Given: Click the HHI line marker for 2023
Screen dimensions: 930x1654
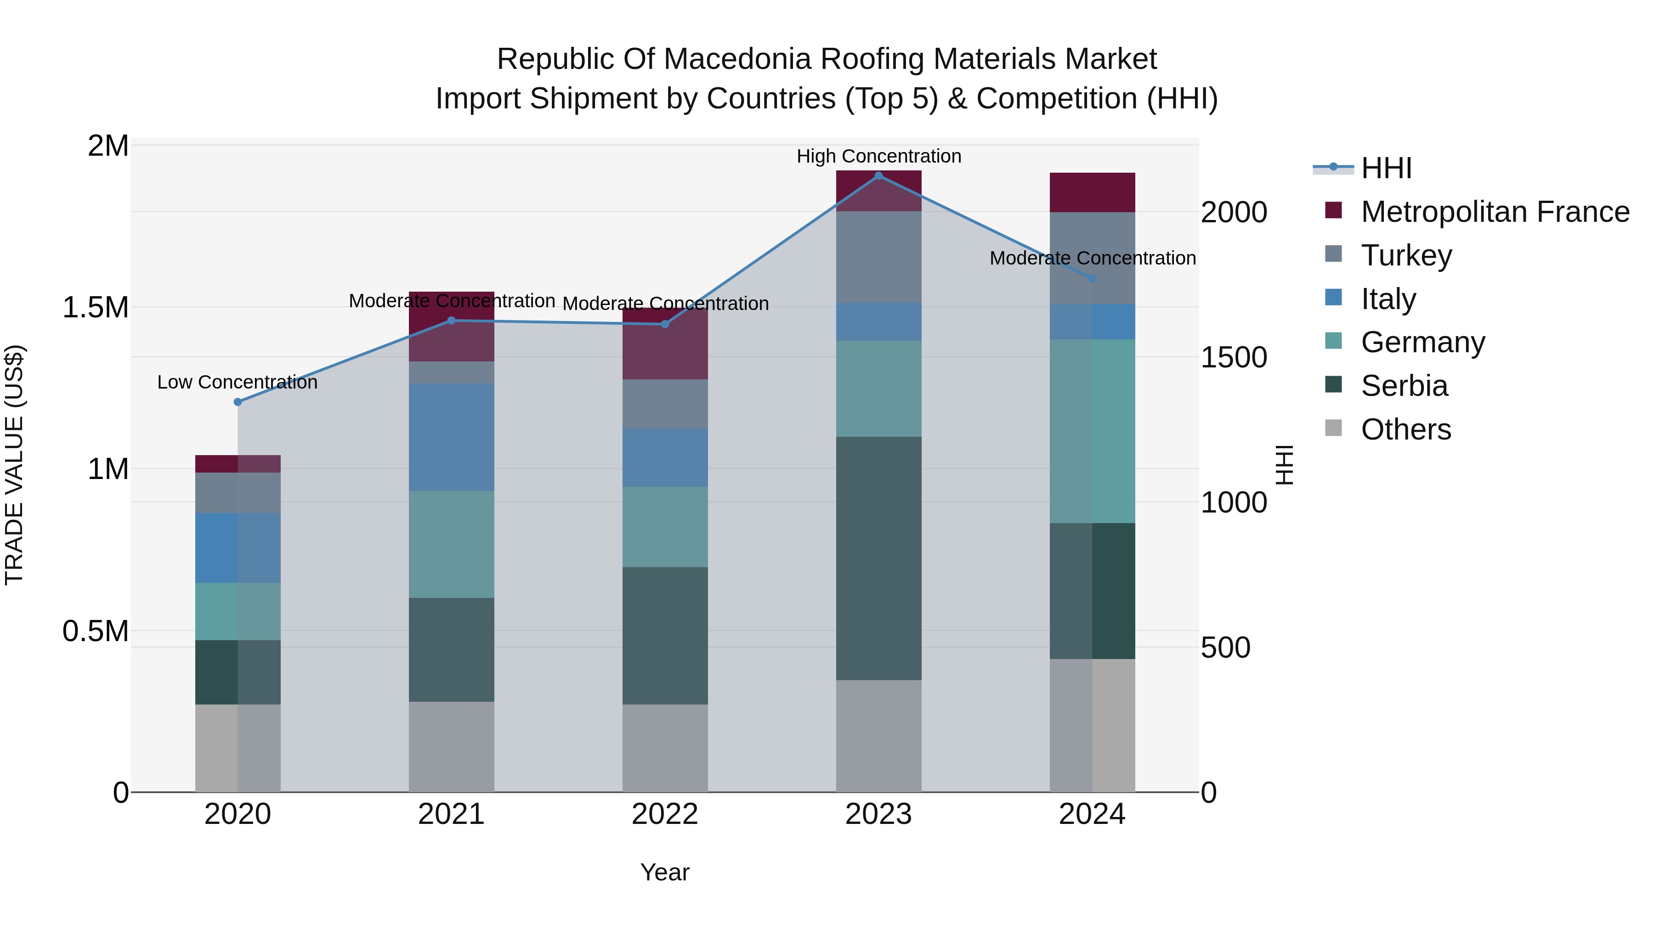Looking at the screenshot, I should (x=878, y=176).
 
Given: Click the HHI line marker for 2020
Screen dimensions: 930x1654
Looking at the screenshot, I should (x=238, y=402).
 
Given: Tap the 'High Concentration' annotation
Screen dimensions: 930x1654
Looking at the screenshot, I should (x=878, y=156).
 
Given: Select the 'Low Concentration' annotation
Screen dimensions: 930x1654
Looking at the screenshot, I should (x=237, y=382).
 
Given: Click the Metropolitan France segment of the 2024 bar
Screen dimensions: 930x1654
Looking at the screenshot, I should (x=1092, y=192).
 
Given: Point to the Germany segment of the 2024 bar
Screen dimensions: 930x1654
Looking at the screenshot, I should (x=1092, y=431).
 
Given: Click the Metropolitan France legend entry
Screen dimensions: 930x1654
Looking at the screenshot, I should (x=1494, y=211).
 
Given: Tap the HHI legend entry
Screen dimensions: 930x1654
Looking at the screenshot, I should (x=1386, y=168).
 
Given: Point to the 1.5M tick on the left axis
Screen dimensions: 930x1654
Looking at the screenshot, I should (x=95, y=307).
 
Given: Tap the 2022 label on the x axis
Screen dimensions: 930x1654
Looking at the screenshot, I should (x=664, y=814).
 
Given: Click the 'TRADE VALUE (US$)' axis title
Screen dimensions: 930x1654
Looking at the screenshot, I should (x=14, y=465).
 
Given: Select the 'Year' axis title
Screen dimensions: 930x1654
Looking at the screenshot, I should (x=664, y=872).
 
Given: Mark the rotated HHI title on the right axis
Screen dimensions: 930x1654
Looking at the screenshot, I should (x=1284, y=465).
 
